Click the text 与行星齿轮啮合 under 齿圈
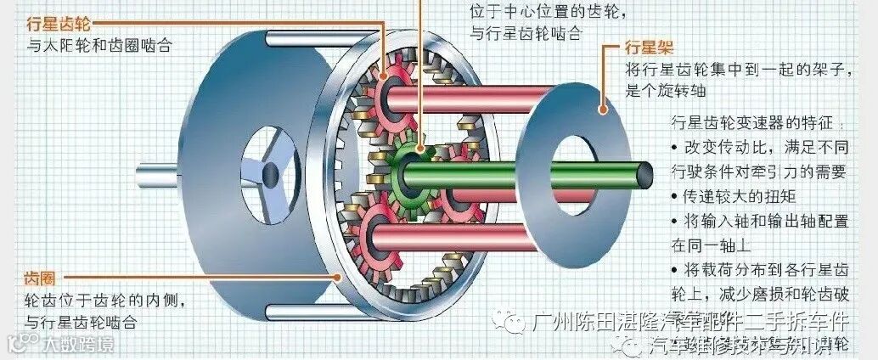click(x=81, y=322)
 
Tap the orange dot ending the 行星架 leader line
click(x=604, y=110)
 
